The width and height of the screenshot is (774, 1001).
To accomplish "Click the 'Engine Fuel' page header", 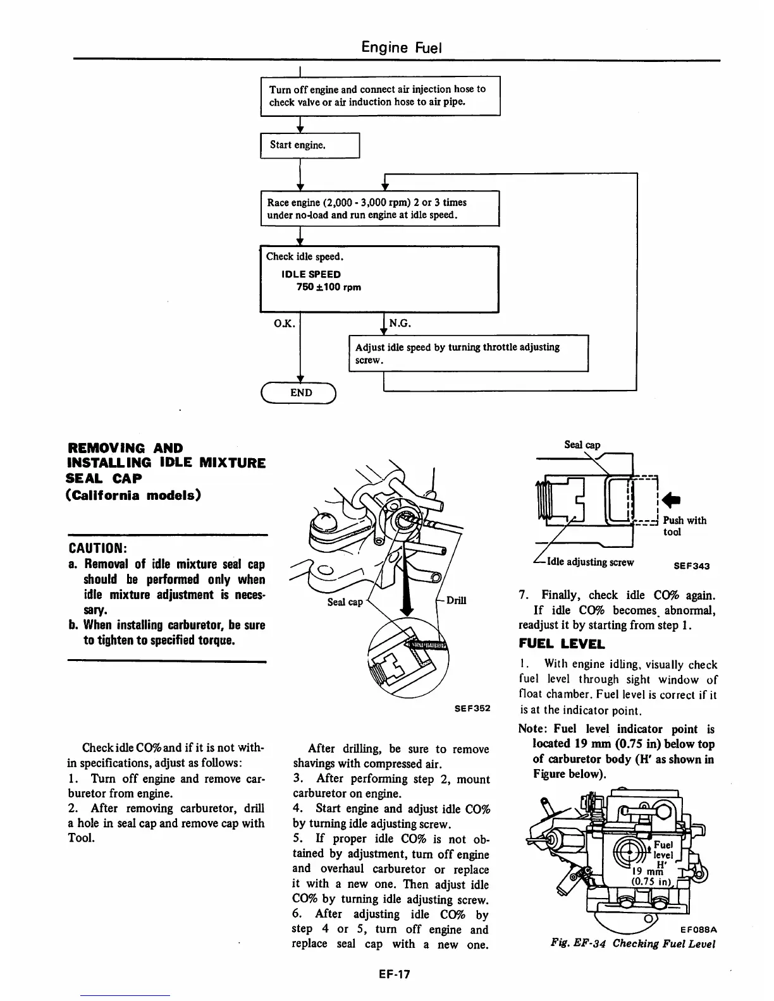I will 401,47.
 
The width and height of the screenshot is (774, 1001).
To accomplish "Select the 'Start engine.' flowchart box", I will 310,145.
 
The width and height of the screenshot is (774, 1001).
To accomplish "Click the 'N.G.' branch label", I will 400,324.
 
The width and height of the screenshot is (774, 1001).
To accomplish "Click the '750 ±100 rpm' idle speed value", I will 329,287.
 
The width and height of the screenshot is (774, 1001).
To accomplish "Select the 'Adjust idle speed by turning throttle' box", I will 468,353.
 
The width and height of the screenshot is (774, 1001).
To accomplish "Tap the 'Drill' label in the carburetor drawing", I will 456,600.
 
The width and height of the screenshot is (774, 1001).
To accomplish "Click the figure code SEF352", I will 472,708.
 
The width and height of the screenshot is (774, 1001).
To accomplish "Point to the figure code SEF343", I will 691,566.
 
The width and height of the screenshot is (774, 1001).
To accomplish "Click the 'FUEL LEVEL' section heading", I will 562,645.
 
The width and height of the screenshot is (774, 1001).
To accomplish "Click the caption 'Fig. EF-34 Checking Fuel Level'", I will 632,944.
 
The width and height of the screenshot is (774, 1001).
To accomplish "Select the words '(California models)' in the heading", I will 134,494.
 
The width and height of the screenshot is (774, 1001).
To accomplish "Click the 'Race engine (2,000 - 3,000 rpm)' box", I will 379,209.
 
